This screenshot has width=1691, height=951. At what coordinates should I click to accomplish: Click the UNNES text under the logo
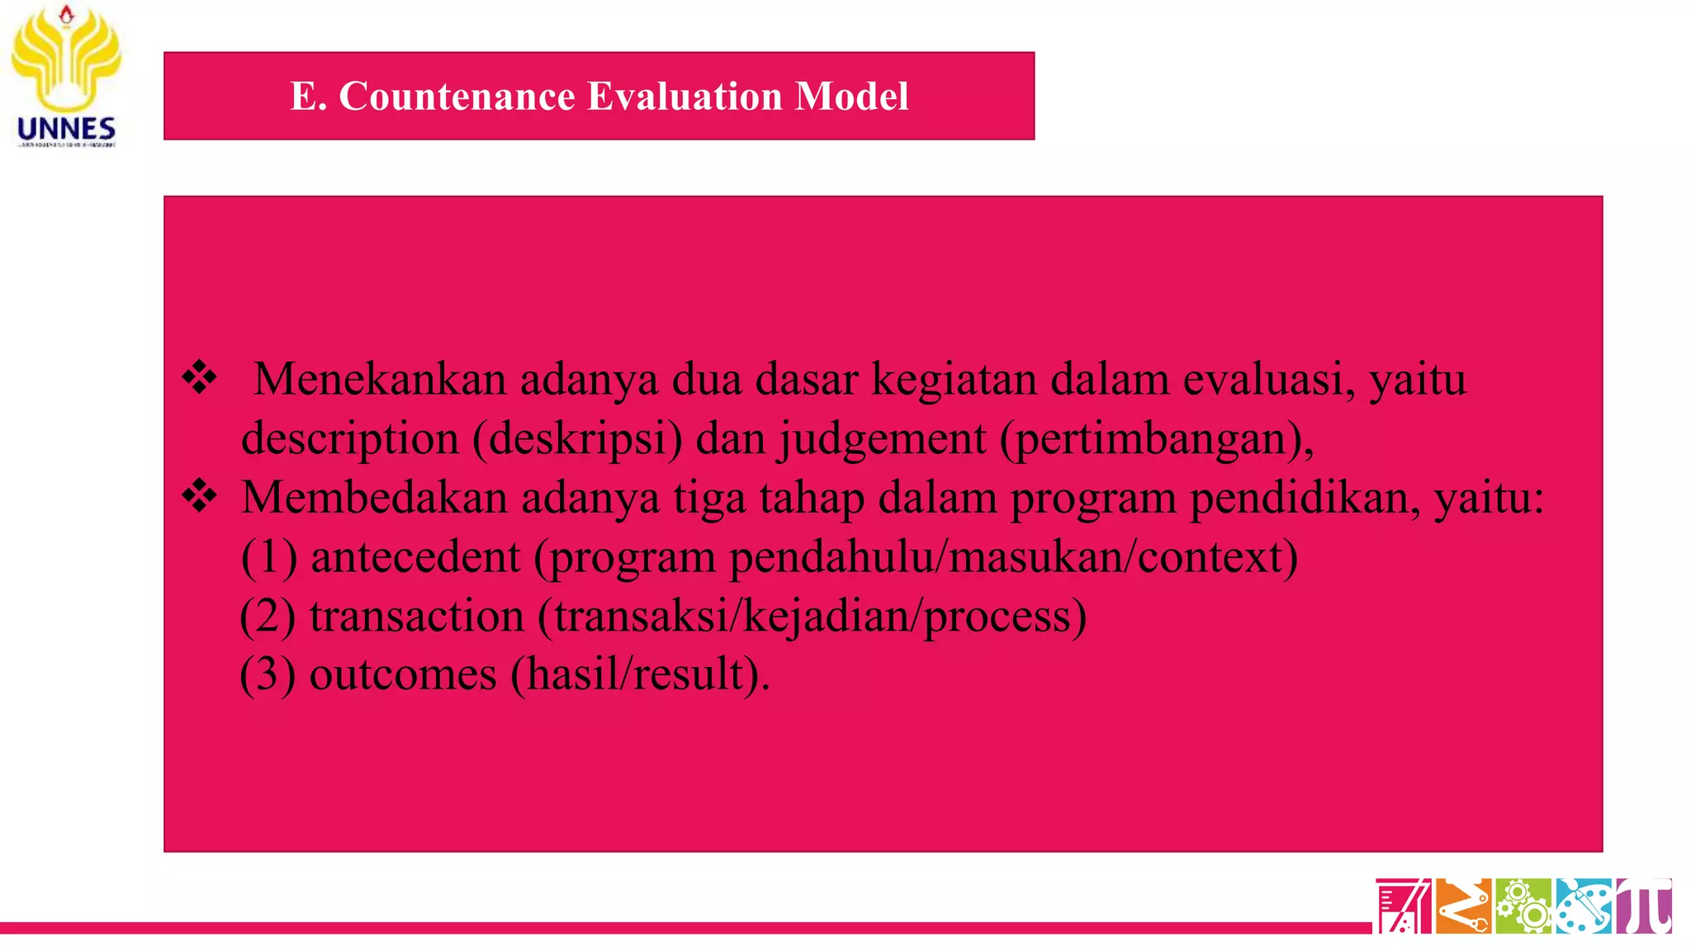click(x=66, y=129)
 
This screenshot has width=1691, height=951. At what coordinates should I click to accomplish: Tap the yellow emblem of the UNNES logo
click(x=66, y=58)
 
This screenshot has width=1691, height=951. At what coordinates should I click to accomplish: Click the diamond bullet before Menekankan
click(x=200, y=378)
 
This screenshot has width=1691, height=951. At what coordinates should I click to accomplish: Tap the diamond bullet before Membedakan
click(x=200, y=497)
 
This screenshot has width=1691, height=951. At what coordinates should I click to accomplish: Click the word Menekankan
click(x=380, y=380)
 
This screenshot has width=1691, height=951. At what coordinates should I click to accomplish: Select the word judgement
click(x=883, y=438)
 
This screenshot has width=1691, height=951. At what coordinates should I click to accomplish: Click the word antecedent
click(x=415, y=556)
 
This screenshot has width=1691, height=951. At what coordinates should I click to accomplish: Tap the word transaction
click(x=417, y=616)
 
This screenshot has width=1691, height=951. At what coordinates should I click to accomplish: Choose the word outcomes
click(x=403, y=674)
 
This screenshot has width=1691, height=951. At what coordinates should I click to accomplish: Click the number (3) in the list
click(x=268, y=674)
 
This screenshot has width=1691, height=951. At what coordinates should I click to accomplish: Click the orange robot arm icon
click(x=1463, y=906)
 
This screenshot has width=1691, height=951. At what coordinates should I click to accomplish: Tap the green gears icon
click(x=1523, y=906)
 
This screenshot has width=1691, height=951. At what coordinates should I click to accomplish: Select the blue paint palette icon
click(x=1583, y=906)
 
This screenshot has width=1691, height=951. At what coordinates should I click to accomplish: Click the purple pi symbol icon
click(x=1643, y=906)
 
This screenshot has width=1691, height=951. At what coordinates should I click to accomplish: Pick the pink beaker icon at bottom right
click(x=1403, y=906)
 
